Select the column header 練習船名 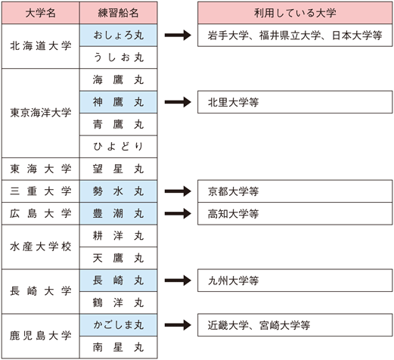(117, 12)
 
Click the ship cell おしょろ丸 (117, 35)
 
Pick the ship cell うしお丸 (117, 57)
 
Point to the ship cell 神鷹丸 (117, 101)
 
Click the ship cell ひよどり (117, 146)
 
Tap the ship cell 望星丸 (117, 169)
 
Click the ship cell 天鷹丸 (117, 259)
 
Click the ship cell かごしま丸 (117, 325)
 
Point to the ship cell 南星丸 (117, 348)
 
